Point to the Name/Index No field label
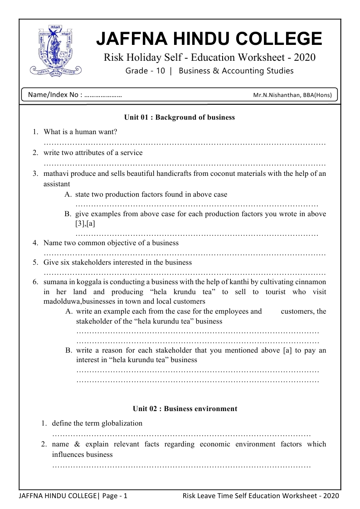pyautogui.click(x=54, y=95)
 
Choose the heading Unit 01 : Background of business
pyautogui.click(x=180, y=117)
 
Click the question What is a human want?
pyautogui.click(x=80, y=132)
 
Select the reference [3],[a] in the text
pyautogui.click(x=85, y=223)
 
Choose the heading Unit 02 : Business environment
pyautogui.click(x=185, y=409)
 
